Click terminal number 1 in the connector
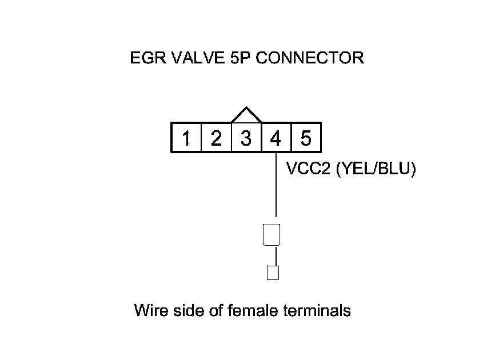click(186, 138)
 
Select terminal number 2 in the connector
click(216, 138)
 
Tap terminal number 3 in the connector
click(246, 138)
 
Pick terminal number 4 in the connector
click(276, 138)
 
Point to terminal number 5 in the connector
click(305, 138)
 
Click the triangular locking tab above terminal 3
click(246, 115)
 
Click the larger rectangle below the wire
click(272, 235)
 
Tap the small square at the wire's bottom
click(273, 273)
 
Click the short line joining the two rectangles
click(276, 256)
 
